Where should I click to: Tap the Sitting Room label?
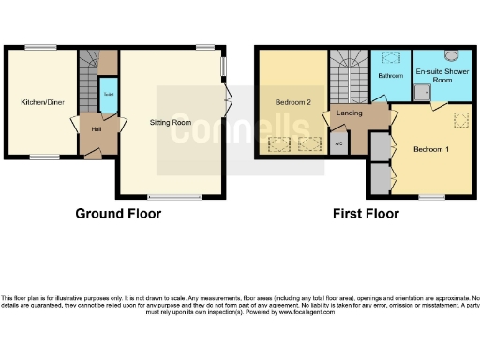pyautogui.click(x=171, y=123)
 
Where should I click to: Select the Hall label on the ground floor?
pyautogui.click(x=97, y=128)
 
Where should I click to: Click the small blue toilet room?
pyautogui.click(x=107, y=96)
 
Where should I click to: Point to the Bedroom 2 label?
pyautogui.click(x=292, y=101)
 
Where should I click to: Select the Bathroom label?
pyautogui.click(x=389, y=74)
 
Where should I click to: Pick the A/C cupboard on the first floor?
pyautogui.click(x=337, y=143)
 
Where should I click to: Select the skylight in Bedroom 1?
pyautogui.click(x=459, y=119)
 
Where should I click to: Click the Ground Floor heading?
pyautogui.click(x=118, y=214)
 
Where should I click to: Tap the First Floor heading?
pyautogui.click(x=366, y=214)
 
